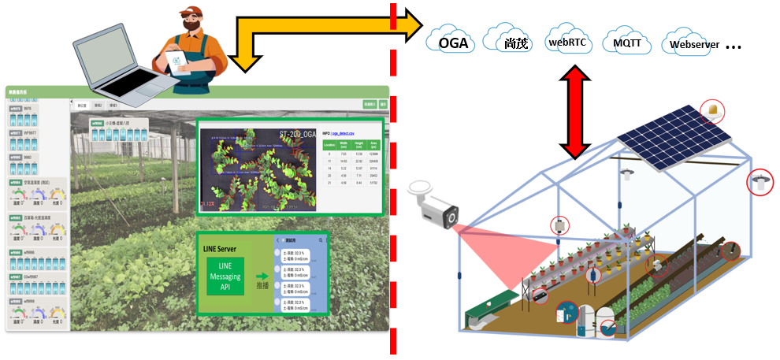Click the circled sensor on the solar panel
pyautogui.click(x=713, y=110)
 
